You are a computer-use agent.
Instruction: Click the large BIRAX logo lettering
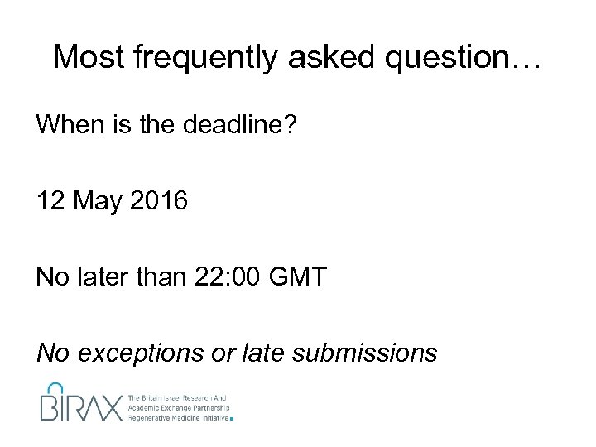click(x=80, y=405)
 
